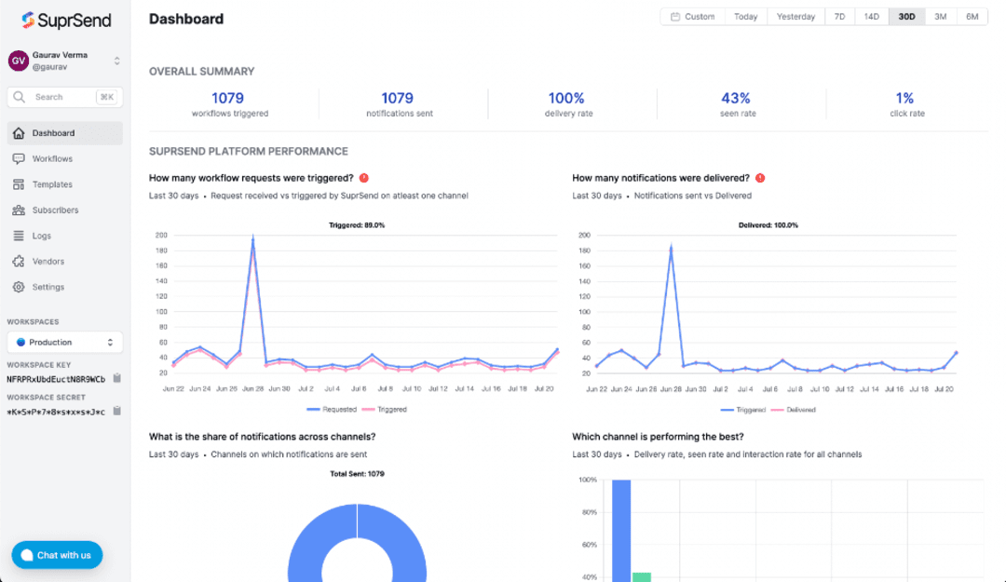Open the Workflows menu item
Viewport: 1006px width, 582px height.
(x=51, y=159)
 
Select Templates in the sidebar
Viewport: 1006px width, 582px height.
(x=51, y=184)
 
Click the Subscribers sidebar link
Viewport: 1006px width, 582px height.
(x=55, y=210)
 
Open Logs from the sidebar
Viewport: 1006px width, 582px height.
(x=42, y=236)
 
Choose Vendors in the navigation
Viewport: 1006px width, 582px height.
(x=48, y=262)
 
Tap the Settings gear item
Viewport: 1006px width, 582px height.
(x=48, y=287)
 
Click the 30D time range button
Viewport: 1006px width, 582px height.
(x=906, y=17)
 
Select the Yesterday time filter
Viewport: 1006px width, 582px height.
(x=795, y=17)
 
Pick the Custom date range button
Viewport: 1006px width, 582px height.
(x=693, y=17)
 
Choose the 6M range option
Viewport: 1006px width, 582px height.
(x=972, y=17)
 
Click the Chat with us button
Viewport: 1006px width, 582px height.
(x=57, y=555)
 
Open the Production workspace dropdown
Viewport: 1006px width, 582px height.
(x=65, y=342)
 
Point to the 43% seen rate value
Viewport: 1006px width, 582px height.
(x=736, y=98)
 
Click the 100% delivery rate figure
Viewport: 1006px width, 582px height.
(x=566, y=98)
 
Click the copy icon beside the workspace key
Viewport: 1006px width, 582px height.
(x=117, y=379)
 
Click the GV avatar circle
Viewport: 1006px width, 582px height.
(x=18, y=61)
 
